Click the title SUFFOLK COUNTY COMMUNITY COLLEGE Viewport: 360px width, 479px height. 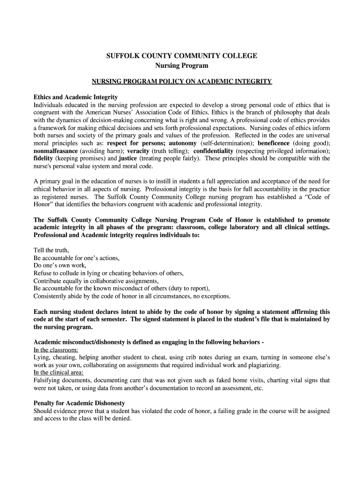(x=181, y=56)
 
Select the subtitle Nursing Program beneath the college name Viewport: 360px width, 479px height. (x=181, y=66)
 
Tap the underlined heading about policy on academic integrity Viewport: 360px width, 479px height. (x=181, y=81)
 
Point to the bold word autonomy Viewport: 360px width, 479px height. (x=183, y=143)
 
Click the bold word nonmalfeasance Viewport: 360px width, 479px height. (x=56, y=151)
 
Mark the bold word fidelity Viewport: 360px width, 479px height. (x=43, y=159)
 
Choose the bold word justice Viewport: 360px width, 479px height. (x=128, y=159)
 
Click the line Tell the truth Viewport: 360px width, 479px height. (x=51, y=250)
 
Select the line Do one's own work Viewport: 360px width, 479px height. (x=60, y=265)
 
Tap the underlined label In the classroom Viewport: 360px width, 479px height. (x=56, y=349)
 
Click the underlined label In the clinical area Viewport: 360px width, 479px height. (x=58, y=372)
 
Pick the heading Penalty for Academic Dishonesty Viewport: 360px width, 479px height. (x=79, y=403)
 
